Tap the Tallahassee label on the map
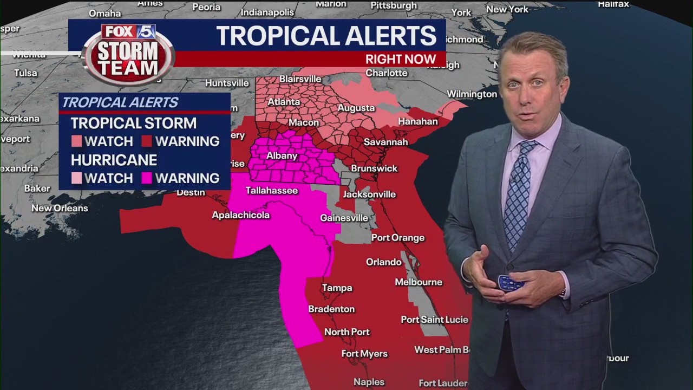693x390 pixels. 272,191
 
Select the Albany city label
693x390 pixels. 282,156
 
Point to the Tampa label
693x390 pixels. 337,288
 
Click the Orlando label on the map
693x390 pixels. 384,262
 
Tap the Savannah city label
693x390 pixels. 385,142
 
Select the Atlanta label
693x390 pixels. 284,102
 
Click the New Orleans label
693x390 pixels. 60,208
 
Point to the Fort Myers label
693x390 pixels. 364,354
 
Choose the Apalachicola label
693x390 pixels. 240,215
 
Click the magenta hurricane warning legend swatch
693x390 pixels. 147,178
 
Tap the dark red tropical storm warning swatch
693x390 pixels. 147,141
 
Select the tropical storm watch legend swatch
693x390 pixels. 76,141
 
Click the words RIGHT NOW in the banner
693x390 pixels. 401,60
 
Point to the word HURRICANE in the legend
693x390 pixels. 114,160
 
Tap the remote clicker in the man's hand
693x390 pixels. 510,283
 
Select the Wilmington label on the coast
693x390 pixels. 472,94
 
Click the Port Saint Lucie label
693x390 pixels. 434,320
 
